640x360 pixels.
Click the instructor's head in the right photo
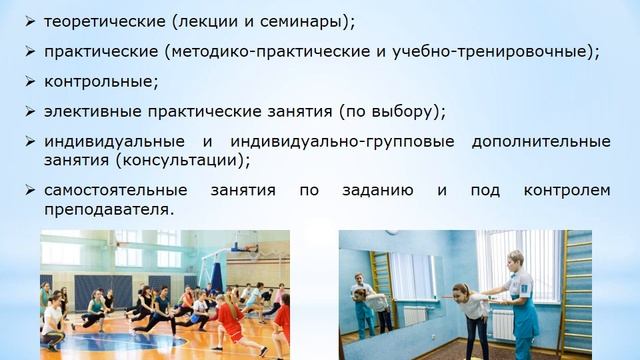click(515, 260)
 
